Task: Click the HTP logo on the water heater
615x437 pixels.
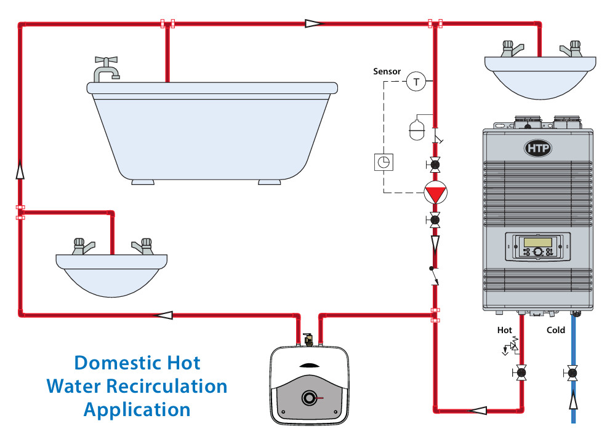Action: click(x=537, y=148)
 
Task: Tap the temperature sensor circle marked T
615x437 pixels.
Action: click(x=416, y=82)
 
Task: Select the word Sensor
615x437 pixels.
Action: click(x=387, y=71)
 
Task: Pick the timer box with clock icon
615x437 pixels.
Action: click(x=383, y=162)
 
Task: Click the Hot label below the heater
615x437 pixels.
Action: click(x=504, y=330)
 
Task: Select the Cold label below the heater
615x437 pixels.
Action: click(x=555, y=330)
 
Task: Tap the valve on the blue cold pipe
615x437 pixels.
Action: click(x=573, y=372)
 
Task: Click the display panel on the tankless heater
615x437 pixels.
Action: click(x=537, y=246)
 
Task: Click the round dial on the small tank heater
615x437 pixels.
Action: click(x=308, y=398)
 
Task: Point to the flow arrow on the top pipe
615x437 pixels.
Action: click(x=314, y=24)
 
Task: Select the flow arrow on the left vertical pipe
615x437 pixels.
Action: click(x=20, y=169)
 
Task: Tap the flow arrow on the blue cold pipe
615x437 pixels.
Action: click(x=573, y=402)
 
